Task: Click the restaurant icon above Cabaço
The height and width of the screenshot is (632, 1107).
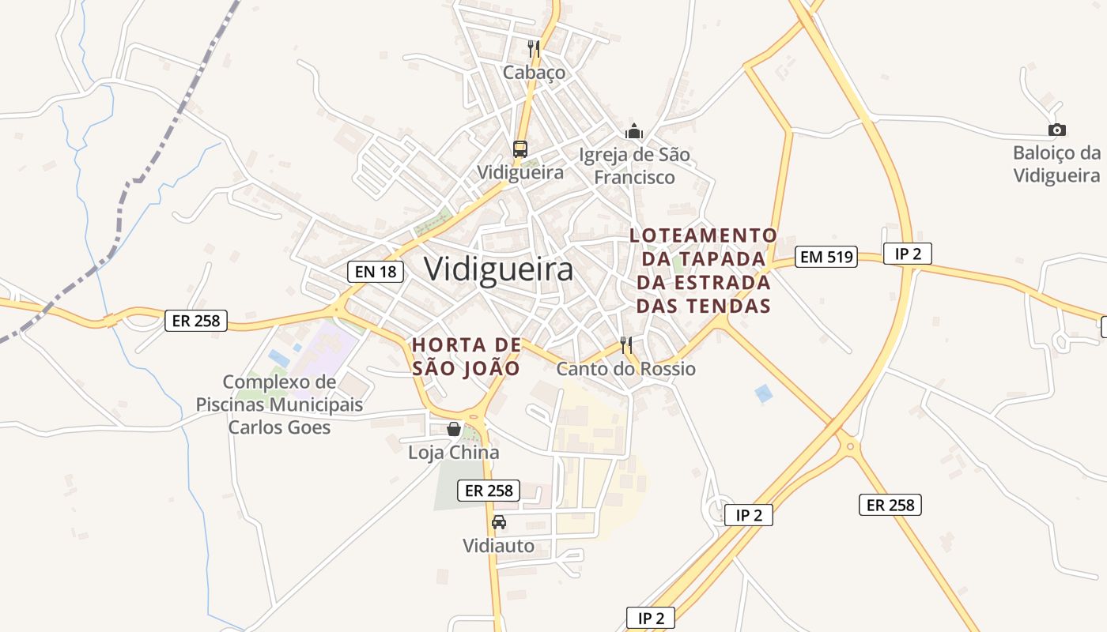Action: coord(534,49)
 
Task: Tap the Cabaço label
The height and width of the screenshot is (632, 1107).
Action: coord(535,73)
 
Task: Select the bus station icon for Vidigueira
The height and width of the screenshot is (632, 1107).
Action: coord(519,149)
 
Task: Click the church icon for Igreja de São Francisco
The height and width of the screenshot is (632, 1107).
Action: coord(634,131)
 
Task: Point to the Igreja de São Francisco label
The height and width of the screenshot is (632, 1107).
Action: coord(634,166)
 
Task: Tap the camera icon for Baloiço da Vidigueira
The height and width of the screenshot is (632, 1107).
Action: coord(1056,130)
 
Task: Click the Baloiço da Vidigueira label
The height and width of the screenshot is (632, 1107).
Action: coord(1056,164)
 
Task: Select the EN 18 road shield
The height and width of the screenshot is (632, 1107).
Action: coord(376,272)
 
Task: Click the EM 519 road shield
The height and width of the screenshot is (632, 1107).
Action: coord(826,256)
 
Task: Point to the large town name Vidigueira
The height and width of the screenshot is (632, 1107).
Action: coord(498,269)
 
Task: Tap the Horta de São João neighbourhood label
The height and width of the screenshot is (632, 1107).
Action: coord(467,356)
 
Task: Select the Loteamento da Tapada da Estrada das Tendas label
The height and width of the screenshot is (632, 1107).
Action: coord(704,270)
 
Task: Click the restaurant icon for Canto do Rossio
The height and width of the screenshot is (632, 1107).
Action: coord(626,345)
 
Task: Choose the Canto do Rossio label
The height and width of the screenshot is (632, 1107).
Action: coord(626,369)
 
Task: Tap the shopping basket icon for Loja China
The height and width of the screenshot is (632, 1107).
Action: coord(454,429)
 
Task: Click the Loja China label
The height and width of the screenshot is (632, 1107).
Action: coord(454,453)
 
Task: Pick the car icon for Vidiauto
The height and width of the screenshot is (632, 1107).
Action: coord(499,522)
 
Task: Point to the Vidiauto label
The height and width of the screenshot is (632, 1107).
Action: coord(499,546)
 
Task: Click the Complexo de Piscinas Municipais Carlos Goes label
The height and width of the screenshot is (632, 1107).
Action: coord(279,404)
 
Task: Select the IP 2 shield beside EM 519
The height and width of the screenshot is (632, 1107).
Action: coord(908,254)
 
